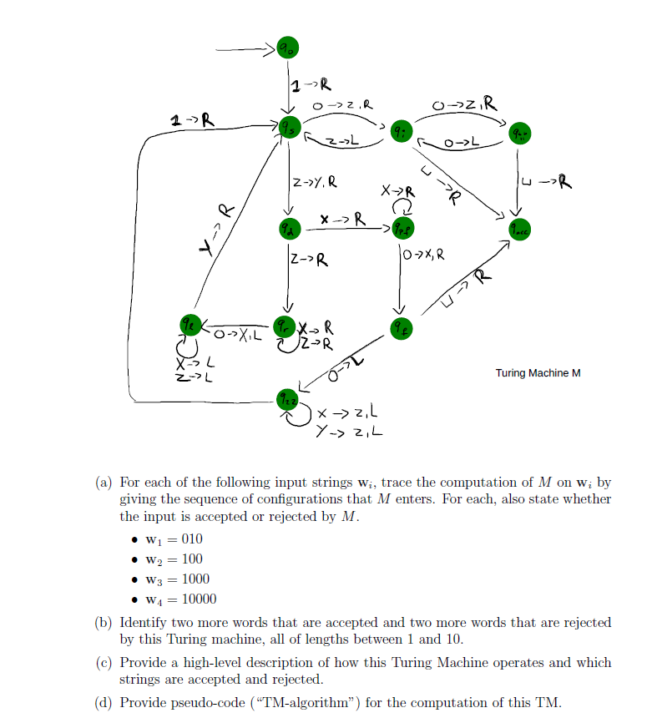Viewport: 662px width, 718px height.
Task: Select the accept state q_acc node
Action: (x=520, y=228)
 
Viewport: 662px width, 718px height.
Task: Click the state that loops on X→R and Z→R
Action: (x=286, y=326)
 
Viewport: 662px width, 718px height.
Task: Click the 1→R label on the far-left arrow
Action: (x=190, y=121)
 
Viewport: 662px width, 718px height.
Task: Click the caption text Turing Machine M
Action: (x=537, y=373)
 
